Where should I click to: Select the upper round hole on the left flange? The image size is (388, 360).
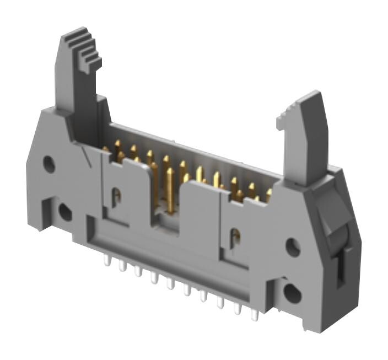tap(49, 164)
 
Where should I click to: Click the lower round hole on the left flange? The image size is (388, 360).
tap(65, 211)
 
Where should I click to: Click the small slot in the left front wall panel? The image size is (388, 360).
tap(116, 197)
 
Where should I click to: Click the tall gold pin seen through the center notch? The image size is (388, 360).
tap(170, 190)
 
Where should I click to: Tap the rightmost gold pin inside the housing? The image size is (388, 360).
tap(269, 195)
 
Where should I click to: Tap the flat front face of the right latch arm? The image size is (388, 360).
tap(303, 141)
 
